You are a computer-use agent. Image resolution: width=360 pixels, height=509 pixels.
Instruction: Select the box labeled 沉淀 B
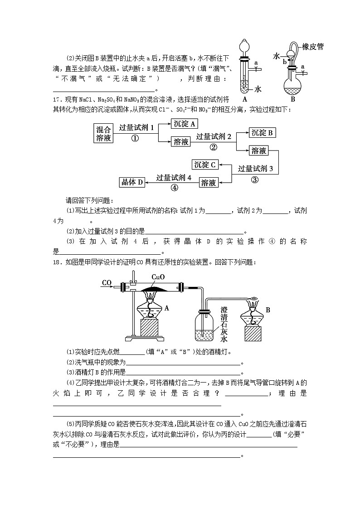(263, 132)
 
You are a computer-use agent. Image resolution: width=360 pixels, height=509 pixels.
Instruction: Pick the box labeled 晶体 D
(131, 182)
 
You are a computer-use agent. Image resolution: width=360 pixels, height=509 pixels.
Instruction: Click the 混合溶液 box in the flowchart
(104, 133)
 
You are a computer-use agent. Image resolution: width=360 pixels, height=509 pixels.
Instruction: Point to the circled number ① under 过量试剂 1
(135, 139)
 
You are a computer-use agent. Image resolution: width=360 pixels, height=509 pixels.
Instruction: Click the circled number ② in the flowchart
(214, 147)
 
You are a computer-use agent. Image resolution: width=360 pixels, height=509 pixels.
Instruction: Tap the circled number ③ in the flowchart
(254, 179)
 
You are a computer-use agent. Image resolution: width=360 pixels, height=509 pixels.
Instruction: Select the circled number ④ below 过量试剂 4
(174, 188)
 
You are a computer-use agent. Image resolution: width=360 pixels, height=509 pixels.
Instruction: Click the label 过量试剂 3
(255, 169)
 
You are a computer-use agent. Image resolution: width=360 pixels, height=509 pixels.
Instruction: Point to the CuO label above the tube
(158, 277)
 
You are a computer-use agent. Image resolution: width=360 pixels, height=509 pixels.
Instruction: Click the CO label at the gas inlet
(107, 283)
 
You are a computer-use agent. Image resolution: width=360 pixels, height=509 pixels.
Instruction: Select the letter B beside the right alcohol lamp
(268, 310)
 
